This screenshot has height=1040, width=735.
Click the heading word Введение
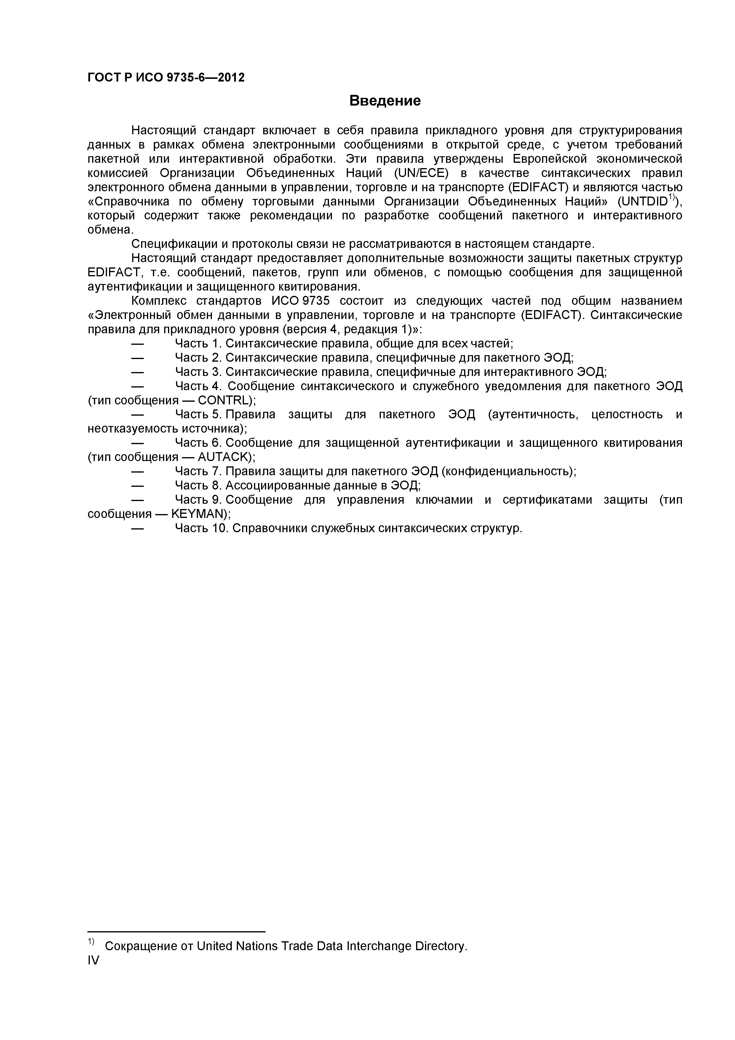coord(385,101)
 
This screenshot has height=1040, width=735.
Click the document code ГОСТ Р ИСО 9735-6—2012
coord(166,77)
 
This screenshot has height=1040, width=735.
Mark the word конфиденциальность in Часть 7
coord(507,471)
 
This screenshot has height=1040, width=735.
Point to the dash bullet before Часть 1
coord(138,343)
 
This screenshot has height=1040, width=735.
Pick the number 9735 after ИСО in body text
coord(313,301)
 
